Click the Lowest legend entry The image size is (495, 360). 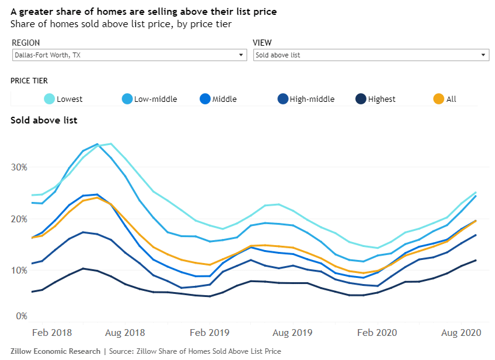pyautogui.click(x=63, y=99)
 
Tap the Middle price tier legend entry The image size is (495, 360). pyautogui.click(x=218, y=99)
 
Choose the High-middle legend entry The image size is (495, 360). pyautogui.click(x=305, y=99)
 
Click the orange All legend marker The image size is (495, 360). pyautogui.click(x=438, y=99)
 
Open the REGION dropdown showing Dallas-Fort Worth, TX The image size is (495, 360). pyautogui.click(x=129, y=55)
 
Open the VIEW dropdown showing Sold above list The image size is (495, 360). pyautogui.click(x=371, y=55)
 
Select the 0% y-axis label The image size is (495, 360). pyautogui.click(x=21, y=316)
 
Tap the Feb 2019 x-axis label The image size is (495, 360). pyautogui.click(x=210, y=333)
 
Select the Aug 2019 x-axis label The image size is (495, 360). pyautogui.click(x=290, y=333)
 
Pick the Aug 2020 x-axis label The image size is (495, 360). pyautogui.click(x=461, y=333)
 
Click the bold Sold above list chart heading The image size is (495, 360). pyautogui.click(x=44, y=120)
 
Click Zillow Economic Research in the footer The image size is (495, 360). pyautogui.click(x=55, y=351)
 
